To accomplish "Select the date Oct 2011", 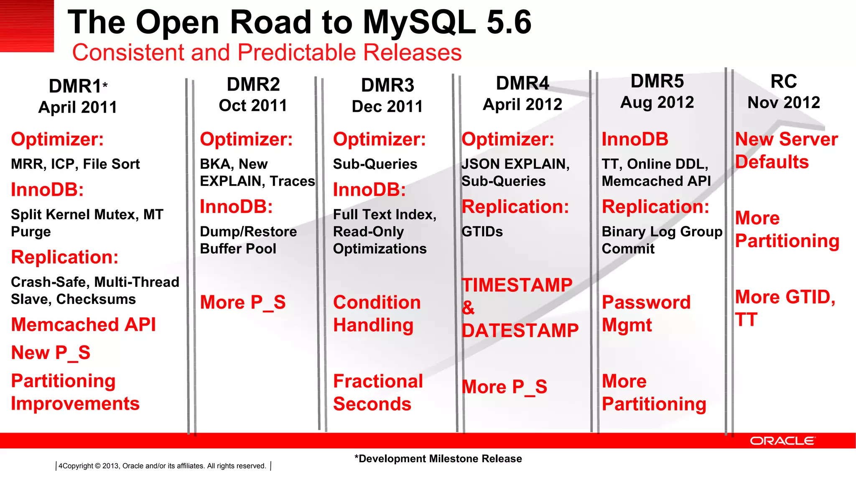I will click(x=253, y=106).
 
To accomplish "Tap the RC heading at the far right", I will click(x=784, y=81).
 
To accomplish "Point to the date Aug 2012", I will click(x=657, y=102).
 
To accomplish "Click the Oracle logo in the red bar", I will click(x=782, y=441).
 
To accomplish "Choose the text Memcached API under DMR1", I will click(x=84, y=325).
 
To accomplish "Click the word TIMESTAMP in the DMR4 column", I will click(x=517, y=285).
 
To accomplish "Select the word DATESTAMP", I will click(x=520, y=331).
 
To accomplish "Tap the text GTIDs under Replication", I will click(x=482, y=232).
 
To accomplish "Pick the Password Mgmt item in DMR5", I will click(x=646, y=314).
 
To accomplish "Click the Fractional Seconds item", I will click(x=378, y=392).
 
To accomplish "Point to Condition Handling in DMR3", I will click(x=377, y=314).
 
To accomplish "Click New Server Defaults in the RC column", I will click(x=786, y=150).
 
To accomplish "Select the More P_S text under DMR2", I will click(x=243, y=302).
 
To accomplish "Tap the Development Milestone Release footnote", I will click(x=438, y=459).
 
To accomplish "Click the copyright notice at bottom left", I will click(x=162, y=466).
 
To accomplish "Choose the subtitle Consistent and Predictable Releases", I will click(x=267, y=53).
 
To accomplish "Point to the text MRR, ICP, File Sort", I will click(x=75, y=164).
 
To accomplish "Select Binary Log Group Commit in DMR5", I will click(x=662, y=240).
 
